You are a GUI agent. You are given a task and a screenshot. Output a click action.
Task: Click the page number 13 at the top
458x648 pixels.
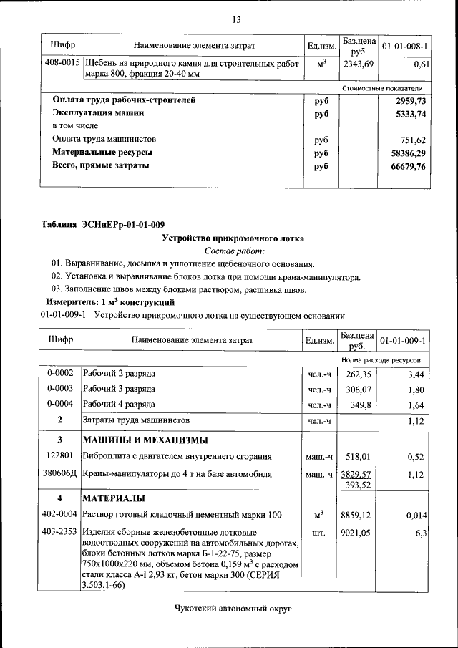tap(235, 19)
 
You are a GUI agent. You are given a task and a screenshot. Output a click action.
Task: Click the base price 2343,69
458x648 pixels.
tap(359, 64)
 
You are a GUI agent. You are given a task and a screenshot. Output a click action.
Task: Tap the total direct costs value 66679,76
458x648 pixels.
tap(406, 166)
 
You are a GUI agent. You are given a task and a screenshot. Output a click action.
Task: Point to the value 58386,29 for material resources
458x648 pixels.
tap(406, 153)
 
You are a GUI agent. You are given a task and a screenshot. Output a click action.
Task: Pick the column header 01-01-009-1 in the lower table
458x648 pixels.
tap(404, 340)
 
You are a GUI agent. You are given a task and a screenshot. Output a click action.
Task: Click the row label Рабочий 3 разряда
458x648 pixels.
tap(120, 390)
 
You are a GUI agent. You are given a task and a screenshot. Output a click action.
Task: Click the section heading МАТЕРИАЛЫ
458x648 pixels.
tap(114, 498)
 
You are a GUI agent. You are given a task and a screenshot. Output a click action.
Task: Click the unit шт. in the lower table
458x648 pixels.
tap(320, 533)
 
